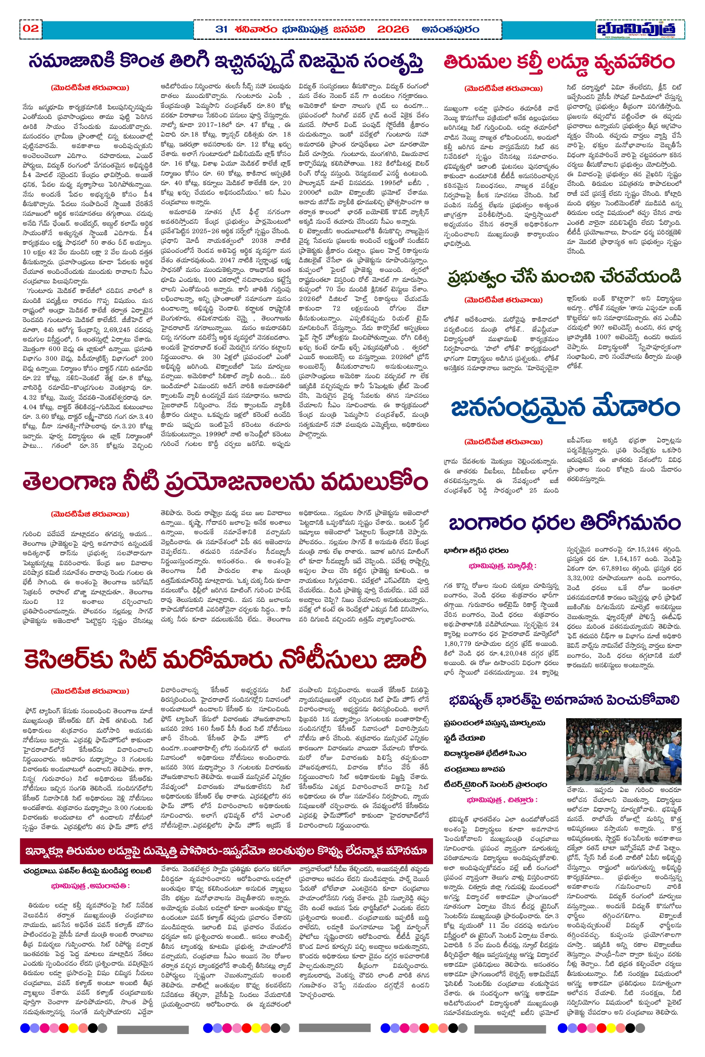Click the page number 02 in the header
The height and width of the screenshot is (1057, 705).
[31, 29]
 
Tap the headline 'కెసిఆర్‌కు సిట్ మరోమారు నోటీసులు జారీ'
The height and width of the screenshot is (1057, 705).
[225, 660]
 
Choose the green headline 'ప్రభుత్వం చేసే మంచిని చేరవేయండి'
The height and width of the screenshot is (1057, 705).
[564, 277]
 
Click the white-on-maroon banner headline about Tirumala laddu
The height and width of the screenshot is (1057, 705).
[226, 850]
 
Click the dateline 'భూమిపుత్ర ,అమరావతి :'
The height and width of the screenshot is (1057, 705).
[90, 886]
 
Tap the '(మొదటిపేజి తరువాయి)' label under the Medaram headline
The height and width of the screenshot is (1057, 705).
[503, 442]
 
